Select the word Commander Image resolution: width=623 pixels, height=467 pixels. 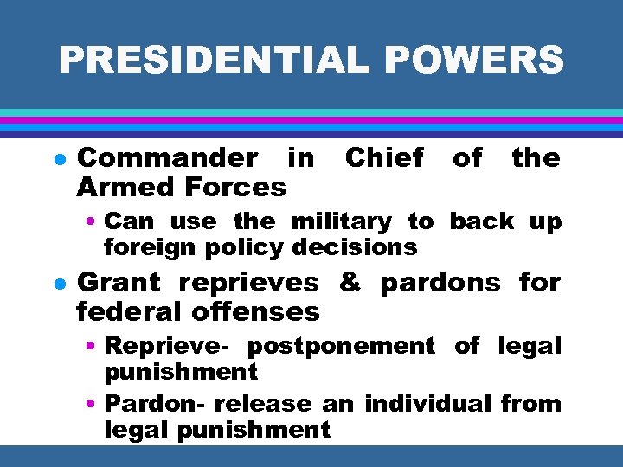point(167,158)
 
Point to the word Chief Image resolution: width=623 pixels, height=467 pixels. point(384,158)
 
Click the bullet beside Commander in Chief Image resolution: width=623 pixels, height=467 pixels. point(56,159)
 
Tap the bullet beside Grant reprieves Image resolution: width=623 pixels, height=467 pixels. point(56,284)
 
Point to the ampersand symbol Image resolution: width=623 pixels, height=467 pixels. point(350,283)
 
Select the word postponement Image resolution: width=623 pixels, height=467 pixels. point(341,347)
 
